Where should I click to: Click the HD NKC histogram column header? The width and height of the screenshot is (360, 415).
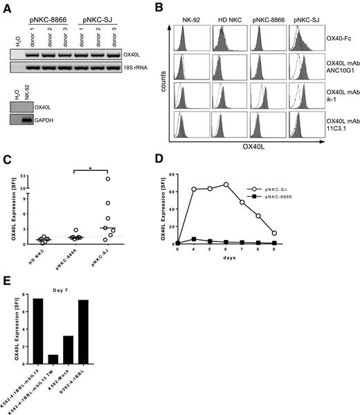coord(223,21)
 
